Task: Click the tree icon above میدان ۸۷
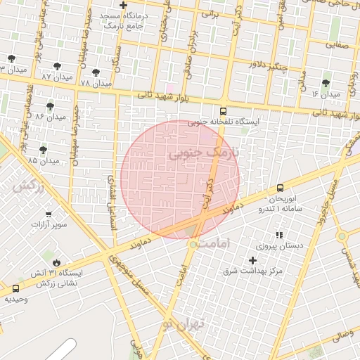click(x=58, y=66)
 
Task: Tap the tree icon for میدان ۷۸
click(x=96, y=72)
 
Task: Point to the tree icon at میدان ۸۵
click(x=44, y=149)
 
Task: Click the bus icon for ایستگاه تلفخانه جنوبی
click(x=224, y=110)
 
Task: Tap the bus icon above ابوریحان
click(x=281, y=188)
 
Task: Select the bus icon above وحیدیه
click(x=16, y=288)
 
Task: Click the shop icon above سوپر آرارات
click(x=49, y=214)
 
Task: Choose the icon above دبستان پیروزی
click(x=279, y=234)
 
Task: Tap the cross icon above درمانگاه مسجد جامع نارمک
click(x=123, y=5)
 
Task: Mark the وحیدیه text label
click(x=16, y=299)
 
